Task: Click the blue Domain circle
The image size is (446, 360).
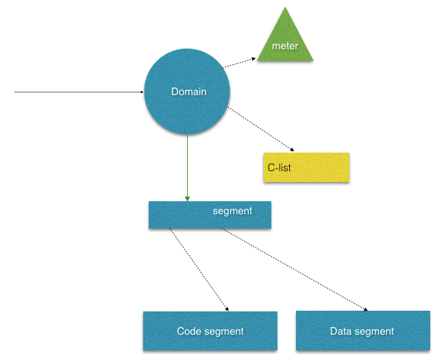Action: [187, 92]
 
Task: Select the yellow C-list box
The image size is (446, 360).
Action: [306, 168]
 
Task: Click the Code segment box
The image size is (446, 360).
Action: [210, 331]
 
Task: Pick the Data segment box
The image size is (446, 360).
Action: [363, 331]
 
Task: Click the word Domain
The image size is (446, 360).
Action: [189, 92]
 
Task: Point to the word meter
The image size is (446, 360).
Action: [285, 46]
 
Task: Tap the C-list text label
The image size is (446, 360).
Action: [279, 168]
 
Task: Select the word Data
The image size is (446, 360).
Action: [340, 331]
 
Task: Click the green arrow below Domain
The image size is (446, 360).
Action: [187, 168]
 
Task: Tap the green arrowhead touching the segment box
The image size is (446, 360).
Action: [187, 198]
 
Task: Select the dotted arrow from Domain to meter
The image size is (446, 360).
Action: [239, 63]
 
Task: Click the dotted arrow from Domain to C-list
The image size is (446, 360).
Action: [261, 129]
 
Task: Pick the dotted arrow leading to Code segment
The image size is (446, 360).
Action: [199, 270]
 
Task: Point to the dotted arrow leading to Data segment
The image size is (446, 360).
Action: [295, 270]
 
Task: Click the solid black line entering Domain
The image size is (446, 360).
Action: [79, 92]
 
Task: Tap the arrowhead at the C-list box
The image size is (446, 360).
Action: [292, 150]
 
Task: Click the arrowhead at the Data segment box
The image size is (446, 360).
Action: [366, 309]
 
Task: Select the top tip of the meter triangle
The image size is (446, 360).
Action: [285, 7]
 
